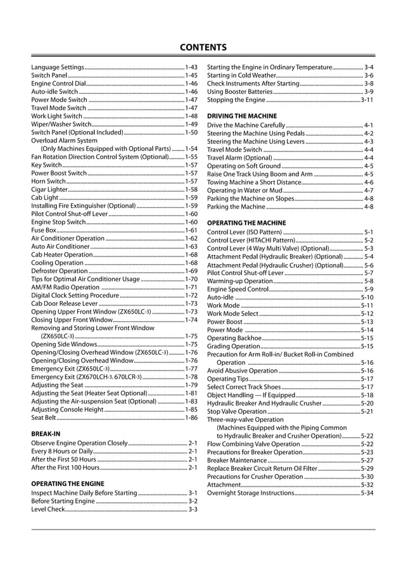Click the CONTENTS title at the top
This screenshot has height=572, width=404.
pyautogui.click(x=203, y=48)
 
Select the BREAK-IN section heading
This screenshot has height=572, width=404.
pyautogui.click(x=46, y=434)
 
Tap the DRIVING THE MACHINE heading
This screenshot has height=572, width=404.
pyautogui.click(x=242, y=117)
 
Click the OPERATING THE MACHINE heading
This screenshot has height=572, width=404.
pyautogui.click(x=246, y=223)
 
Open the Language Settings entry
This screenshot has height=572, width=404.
pyautogui.click(x=58, y=67)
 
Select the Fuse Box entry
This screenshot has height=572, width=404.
pyautogui.click(x=44, y=231)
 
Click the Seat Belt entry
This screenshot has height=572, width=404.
pyautogui.click(x=44, y=417)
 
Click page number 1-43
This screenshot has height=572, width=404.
pyautogui.click(x=191, y=67)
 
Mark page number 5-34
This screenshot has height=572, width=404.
pyautogui.click(x=367, y=493)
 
